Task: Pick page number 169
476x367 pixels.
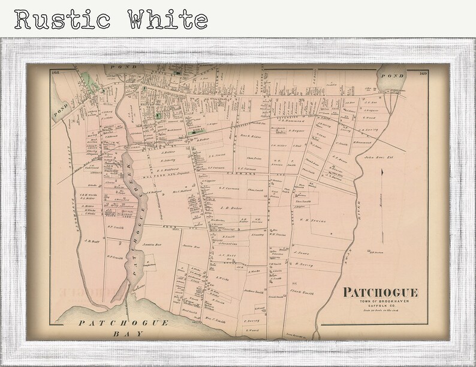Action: pos(423,73)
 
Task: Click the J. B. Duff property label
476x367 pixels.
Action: pos(92,241)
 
